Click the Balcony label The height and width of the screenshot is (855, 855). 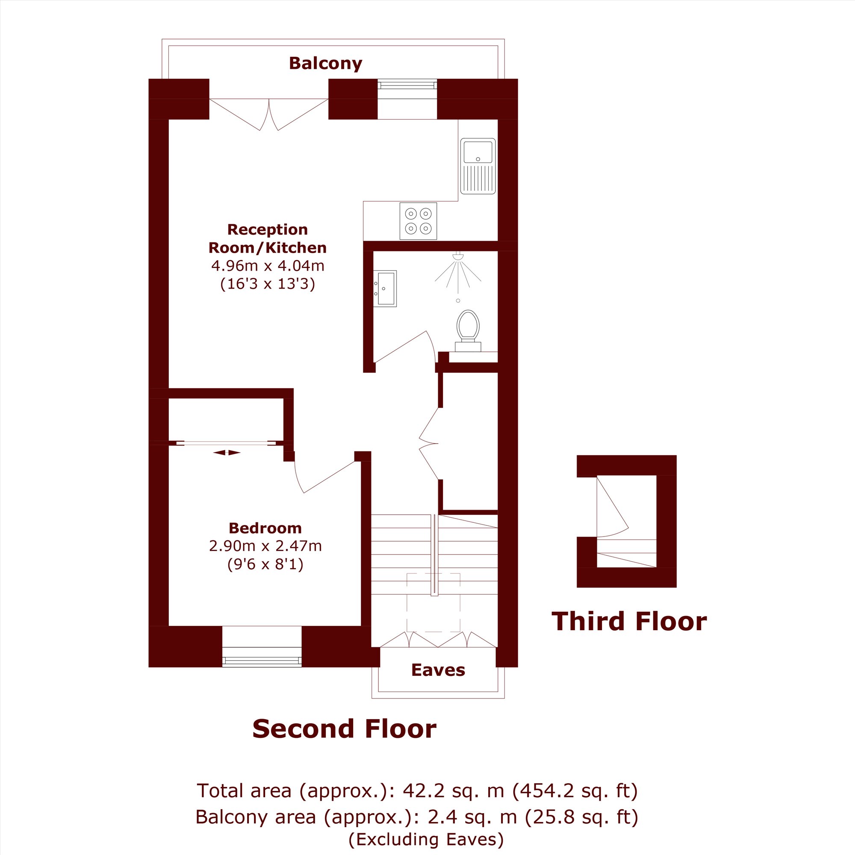point(325,63)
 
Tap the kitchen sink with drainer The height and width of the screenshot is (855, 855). point(478,166)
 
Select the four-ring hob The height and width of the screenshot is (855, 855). point(418,221)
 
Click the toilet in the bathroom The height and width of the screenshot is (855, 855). point(468,331)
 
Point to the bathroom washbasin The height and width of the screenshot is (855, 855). point(385,289)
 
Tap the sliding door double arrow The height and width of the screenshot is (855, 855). point(227,453)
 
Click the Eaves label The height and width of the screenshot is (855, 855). point(438,670)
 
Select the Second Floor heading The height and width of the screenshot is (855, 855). point(344,729)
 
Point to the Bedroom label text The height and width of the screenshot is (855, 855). point(265,528)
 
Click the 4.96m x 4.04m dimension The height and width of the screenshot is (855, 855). point(268,265)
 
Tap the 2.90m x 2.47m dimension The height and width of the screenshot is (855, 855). point(265,546)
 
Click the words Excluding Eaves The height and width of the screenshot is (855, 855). point(426,839)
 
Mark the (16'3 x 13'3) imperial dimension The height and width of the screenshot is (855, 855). point(268,284)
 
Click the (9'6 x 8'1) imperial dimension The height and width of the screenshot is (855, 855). point(265,564)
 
